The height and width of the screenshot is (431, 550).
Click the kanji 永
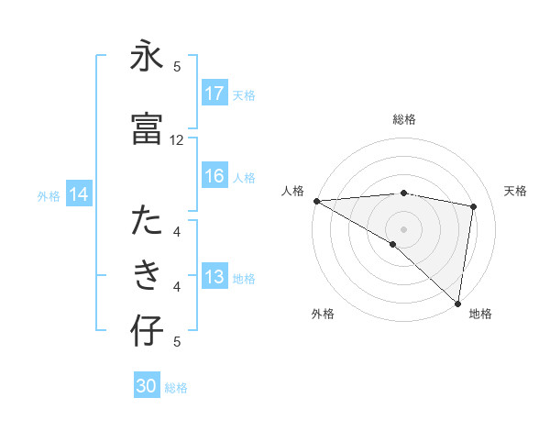pyautogui.click(x=147, y=59)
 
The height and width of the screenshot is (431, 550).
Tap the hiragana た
pyautogui.click(x=147, y=223)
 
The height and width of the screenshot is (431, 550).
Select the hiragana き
pyautogui.click(x=147, y=276)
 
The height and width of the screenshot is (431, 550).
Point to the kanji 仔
pyautogui.click(x=147, y=332)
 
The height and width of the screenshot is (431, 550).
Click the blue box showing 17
pyautogui.click(x=214, y=94)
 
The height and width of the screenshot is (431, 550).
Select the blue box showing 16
pyautogui.click(x=214, y=177)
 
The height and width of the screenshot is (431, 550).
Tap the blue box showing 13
pyautogui.click(x=214, y=278)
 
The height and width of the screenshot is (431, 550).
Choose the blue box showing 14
pyautogui.click(x=79, y=194)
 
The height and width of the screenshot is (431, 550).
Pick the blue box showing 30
pyautogui.click(x=147, y=387)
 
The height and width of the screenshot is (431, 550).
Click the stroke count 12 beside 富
pyautogui.click(x=177, y=140)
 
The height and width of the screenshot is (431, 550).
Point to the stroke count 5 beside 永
pyautogui.click(x=177, y=66)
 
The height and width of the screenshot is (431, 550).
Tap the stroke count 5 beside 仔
pyautogui.click(x=177, y=342)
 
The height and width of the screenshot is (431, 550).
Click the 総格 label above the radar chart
pyautogui.click(x=404, y=119)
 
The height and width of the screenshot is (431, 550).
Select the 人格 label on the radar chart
pyautogui.click(x=293, y=191)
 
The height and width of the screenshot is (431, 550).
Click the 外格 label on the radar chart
pyautogui.click(x=323, y=314)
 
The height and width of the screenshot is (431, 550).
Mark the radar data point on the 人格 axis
pyautogui.click(x=316, y=201)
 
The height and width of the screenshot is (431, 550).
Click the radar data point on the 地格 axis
pyautogui.click(x=457, y=303)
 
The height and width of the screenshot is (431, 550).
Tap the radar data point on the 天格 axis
pyautogui.click(x=474, y=206)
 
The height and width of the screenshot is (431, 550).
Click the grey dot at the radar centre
pyautogui.click(x=403, y=227)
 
